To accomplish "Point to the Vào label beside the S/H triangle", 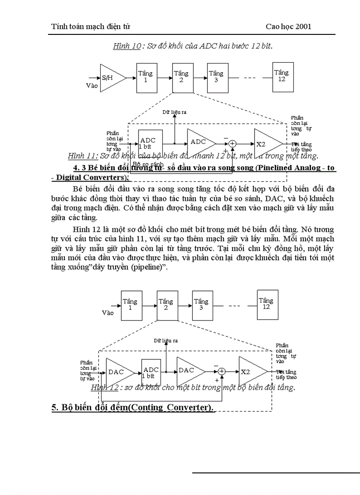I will point(92,86).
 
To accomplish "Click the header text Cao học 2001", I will point(289,26).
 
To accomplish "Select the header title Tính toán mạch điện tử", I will point(91,26).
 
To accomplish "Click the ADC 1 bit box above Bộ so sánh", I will point(150,143).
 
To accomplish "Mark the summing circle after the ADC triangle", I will point(232,143).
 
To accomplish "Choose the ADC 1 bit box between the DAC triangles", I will point(151,372).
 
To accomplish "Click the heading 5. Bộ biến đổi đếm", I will point(132,407).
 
